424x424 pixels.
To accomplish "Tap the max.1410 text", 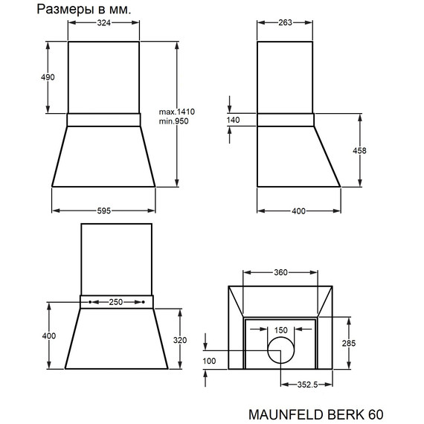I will pyautogui.click(x=177, y=112).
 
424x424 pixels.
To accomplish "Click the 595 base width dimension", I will pyautogui.click(x=103, y=211).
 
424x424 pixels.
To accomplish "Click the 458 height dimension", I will pyautogui.click(x=359, y=150).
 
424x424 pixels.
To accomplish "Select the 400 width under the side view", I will pyautogui.click(x=298, y=211).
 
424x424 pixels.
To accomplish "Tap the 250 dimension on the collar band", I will pyautogui.click(x=117, y=303).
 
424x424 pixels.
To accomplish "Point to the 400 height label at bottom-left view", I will pyautogui.click(x=49, y=336).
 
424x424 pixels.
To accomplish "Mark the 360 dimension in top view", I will pyautogui.click(x=280, y=273).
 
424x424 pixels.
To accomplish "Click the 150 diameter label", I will pyautogui.click(x=280, y=330).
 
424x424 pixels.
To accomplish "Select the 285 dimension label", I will pyautogui.click(x=359, y=343).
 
